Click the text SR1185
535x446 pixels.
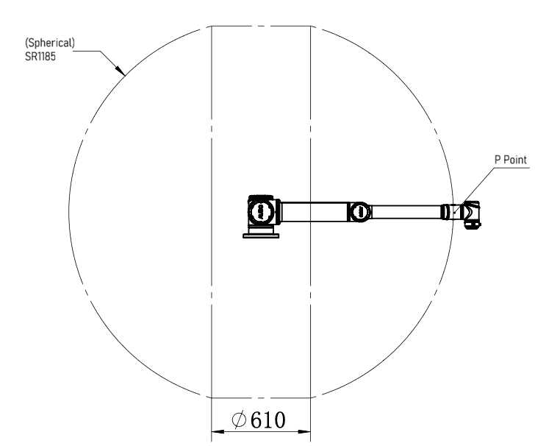point(40,57)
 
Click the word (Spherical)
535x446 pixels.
point(50,43)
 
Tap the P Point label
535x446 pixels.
point(511,160)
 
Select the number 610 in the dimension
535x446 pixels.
point(267,420)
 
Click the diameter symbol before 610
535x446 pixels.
point(239,420)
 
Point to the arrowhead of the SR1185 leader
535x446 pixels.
point(120,70)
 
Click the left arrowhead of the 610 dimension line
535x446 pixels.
point(218,431)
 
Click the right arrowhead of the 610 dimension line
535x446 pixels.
point(304,431)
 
